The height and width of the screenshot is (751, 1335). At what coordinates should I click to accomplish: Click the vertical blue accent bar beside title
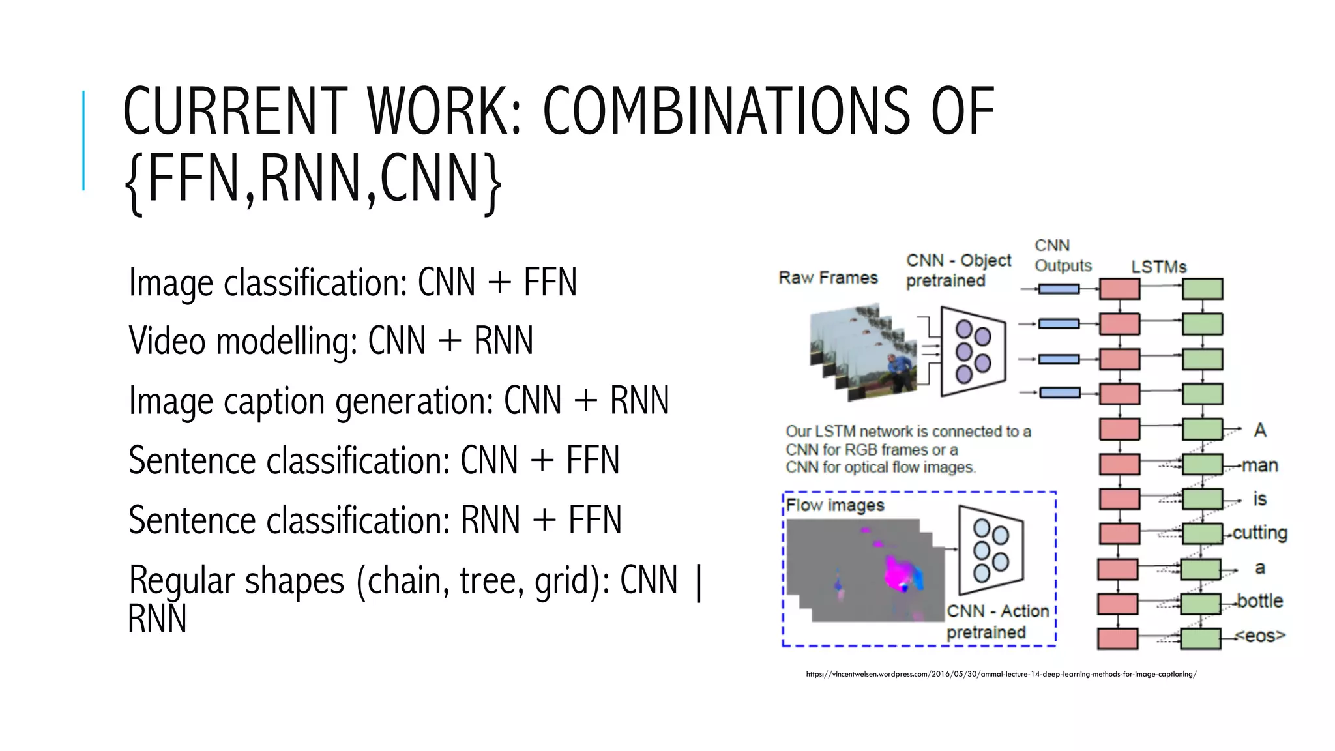(x=83, y=140)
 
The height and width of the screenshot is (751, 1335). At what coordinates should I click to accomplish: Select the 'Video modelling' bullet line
(x=330, y=341)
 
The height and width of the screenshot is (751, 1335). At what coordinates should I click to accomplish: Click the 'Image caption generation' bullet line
(x=398, y=400)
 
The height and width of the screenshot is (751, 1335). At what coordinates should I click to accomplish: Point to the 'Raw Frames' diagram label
(x=828, y=278)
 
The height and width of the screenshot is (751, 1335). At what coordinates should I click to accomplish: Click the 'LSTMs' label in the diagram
(x=1158, y=267)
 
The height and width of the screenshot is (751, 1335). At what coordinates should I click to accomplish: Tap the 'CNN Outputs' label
(x=1062, y=256)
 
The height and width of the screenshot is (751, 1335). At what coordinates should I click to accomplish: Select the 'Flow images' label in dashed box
(x=835, y=505)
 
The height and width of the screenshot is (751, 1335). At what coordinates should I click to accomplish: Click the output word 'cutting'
(x=1259, y=533)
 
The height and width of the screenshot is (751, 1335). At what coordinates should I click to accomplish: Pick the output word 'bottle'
(x=1259, y=600)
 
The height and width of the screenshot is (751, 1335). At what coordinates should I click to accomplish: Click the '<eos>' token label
(x=1259, y=635)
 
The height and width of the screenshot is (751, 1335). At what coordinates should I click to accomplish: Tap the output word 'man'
(x=1259, y=465)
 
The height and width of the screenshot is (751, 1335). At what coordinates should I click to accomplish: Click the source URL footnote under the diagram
(x=1001, y=674)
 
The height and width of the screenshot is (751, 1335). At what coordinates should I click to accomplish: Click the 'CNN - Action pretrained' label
(x=997, y=621)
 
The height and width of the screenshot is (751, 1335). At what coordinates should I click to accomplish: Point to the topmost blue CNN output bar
(x=1059, y=289)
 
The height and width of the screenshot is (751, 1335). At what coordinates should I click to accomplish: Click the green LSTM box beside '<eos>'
(x=1201, y=638)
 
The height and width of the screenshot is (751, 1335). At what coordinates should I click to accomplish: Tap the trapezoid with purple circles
(x=973, y=352)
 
